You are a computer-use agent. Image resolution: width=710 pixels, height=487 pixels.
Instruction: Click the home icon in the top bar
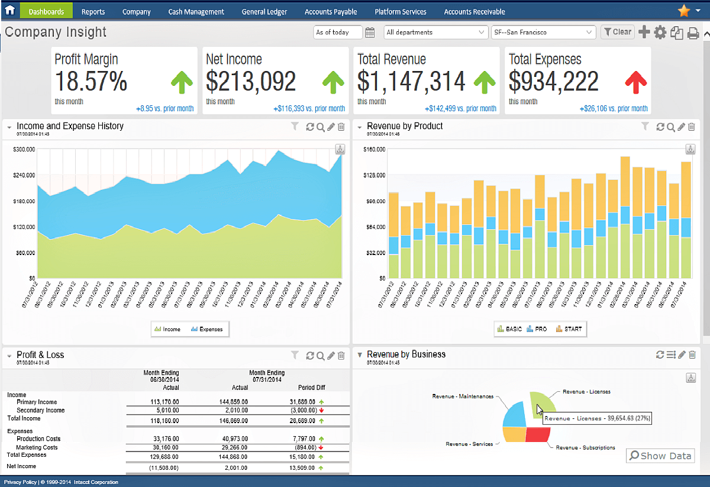tap(9, 10)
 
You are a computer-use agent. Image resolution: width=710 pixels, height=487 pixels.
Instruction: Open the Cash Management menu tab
tap(196, 12)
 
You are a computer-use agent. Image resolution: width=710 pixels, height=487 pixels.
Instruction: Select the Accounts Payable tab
tap(331, 12)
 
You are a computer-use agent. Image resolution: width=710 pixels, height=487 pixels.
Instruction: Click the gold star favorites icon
tap(683, 11)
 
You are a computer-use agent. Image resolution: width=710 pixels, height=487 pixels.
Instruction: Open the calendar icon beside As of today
tap(370, 33)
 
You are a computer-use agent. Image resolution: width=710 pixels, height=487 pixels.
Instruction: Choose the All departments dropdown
tap(435, 33)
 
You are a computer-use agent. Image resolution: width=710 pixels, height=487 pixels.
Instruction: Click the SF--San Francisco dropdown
tap(543, 33)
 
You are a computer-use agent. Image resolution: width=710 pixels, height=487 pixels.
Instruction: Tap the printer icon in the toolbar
tap(693, 33)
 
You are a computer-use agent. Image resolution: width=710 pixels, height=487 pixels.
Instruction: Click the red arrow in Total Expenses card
tap(636, 82)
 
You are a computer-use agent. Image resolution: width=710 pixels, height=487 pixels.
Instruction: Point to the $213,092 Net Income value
tap(251, 82)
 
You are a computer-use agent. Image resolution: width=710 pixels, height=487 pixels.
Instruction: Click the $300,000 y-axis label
tap(24, 150)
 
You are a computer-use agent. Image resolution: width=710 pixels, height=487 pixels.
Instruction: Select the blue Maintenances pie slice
tap(514, 415)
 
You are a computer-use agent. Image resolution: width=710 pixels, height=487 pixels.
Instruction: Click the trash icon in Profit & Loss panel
tap(341, 356)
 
